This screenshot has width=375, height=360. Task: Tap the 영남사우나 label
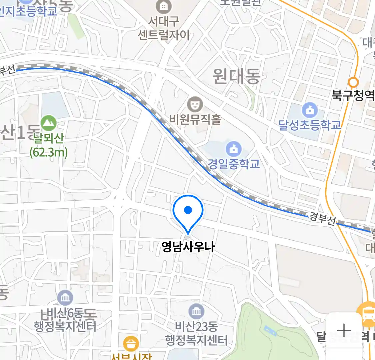[x=188, y=247]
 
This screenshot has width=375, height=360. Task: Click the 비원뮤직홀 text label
[x=195, y=119]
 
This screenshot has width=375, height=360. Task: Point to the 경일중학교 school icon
[x=234, y=149]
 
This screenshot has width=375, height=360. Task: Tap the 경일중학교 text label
[x=234, y=164]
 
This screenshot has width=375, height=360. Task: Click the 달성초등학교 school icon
[x=310, y=110]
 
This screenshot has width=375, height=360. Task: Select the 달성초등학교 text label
[x=310, y=125]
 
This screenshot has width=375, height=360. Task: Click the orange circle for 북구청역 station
[x=353, y=82]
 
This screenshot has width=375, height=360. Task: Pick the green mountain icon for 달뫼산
[x=49, y=123]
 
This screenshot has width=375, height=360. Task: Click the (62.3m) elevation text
[x=49, y=152]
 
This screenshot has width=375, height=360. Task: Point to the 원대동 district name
[x=236, y=76]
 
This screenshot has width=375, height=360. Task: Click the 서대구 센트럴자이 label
[x=164, y=28]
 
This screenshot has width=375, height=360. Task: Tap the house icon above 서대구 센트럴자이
[x=164, y=6]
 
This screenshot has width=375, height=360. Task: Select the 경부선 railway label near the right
[x=322, y=219]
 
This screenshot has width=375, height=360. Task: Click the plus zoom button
[x=344, y=330]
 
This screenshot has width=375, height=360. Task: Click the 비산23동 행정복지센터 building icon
[x=196, y=311]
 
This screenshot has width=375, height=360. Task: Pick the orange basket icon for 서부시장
[x=131, y=343]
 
